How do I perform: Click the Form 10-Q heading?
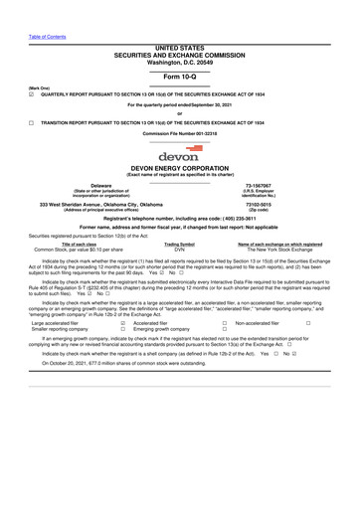click(x=180, y=76)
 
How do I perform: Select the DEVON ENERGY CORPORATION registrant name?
click(x=180, y=169)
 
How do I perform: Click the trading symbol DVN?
click(x=180, y=250)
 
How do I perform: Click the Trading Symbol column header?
click(x=180, y=244)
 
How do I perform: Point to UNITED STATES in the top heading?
click(x=180, y=47)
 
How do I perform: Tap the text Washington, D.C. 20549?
click(x=180, y=61)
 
